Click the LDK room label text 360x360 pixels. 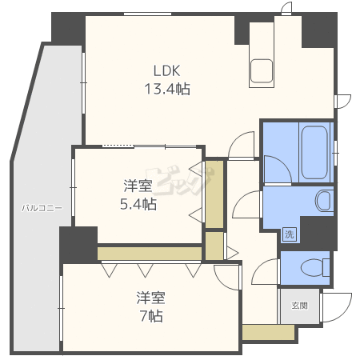pos(167,71)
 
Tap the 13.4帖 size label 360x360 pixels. pos(167,89)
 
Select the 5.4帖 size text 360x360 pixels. pos(138,204)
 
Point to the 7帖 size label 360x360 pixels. pos(151,316)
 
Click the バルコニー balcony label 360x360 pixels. pos(42,208)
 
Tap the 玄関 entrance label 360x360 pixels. pos(299,306)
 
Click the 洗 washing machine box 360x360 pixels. pos(290,234)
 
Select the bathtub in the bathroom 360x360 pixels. pos(314,152)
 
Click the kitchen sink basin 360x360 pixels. pos(262,71)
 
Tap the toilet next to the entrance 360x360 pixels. pos(314,267)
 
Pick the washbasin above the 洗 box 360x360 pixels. pos(324,200)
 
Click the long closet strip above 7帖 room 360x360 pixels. pos(150,254)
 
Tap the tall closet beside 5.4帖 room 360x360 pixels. pos(214,194)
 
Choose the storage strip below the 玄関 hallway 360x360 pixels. pos(268,332)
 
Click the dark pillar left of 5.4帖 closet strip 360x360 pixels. pos(78,245)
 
